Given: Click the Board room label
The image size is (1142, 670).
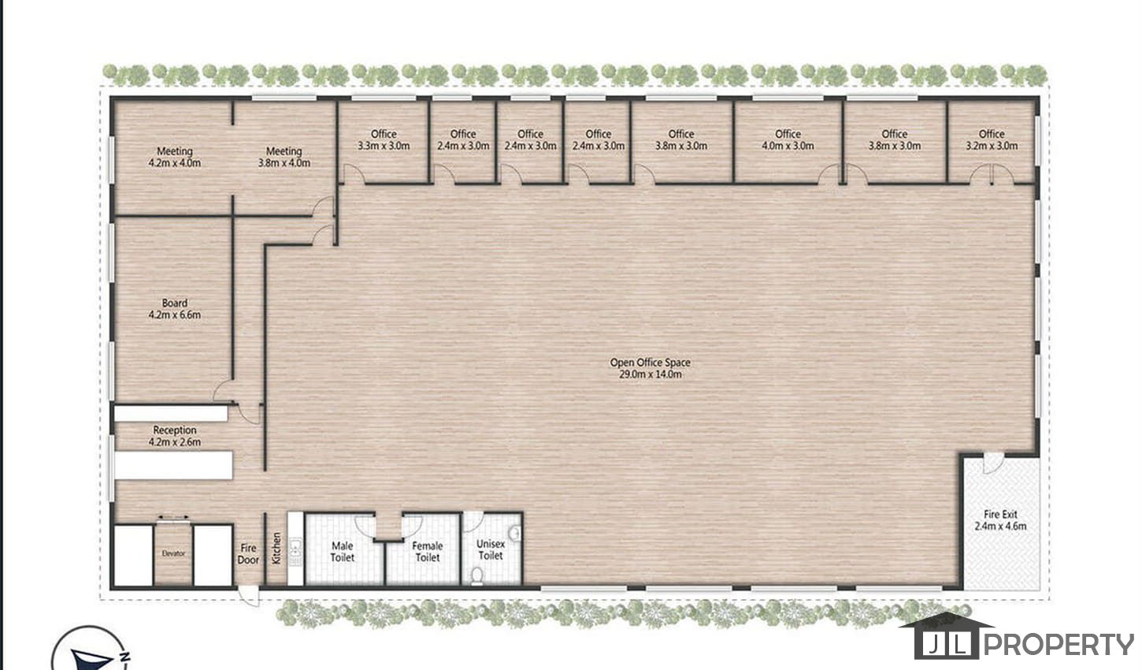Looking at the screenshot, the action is (174, 309).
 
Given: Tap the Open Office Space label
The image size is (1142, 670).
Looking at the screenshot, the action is (650, 368).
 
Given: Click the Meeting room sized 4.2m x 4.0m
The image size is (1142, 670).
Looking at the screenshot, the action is (174, 157).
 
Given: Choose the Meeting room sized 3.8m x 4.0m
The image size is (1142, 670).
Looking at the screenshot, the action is (284, 157).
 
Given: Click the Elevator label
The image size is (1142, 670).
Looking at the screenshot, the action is (173, 553).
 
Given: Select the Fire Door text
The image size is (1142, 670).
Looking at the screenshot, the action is (248, 553).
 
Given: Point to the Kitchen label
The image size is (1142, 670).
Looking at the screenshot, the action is (276, 549).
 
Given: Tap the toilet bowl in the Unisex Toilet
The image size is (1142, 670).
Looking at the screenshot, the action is (477, 575).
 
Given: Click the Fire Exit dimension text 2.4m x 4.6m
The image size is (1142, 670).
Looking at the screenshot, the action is (1000, 526).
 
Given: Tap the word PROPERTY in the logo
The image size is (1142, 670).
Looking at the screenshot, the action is (1059, 644).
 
